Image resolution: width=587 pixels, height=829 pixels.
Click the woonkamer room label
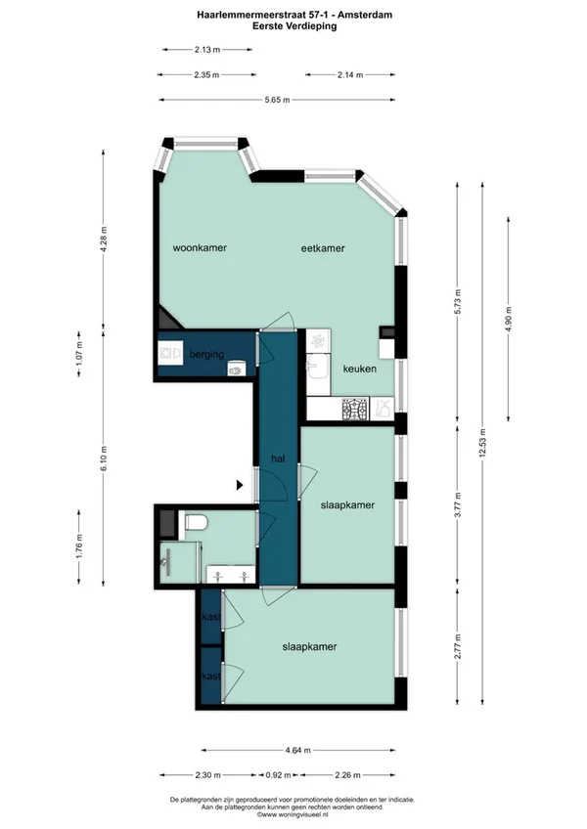pyautogui.click(x=200, y=247)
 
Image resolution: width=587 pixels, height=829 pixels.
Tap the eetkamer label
pyautogui.click(x=323, y=248)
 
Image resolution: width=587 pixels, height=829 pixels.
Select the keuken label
pyautogui.click(x=360, y=369)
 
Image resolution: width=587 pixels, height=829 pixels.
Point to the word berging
pyautogui.click(x=207, y=355)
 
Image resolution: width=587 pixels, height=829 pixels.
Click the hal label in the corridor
pyautogui.click(x=278, y=458)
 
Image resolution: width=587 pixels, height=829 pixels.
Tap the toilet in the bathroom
pyautogui.click(x=195, y=522)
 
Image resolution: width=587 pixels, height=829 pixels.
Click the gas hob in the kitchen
pyautogui.click(x=354, y=409)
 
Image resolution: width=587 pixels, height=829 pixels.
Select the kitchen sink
pyautogui.click(x=319, y=367)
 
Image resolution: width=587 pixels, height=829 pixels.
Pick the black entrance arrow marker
pyautogui.click(x=240, y=484)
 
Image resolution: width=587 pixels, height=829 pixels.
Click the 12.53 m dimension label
pyautogui.click(x=482, y=444)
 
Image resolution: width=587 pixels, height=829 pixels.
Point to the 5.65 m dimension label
pyautogui.click(x=277, y=100)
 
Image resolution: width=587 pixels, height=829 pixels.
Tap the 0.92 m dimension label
pyautogui.click(x=279, y=775)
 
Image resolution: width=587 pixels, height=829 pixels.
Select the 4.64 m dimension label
pyautogui.click(x=298, y=750)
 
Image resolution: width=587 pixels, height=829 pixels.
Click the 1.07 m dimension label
pyautogui.click(x=79, y=353)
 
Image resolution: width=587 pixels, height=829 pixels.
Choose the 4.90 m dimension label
pyautogui.click(x=509, y=319)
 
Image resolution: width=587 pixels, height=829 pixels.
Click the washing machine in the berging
pyautogui.click(x=170, y=353)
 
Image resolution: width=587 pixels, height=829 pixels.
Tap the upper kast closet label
pyautogui.click(x=211, y=617)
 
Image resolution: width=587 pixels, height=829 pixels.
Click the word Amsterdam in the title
pyautogui.click(x=365, y=15)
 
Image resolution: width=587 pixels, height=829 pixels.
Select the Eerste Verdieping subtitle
pyautogui.click(x=294, y=25)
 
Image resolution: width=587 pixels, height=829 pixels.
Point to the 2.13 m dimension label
pyautogui.click(x=207, y=50)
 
